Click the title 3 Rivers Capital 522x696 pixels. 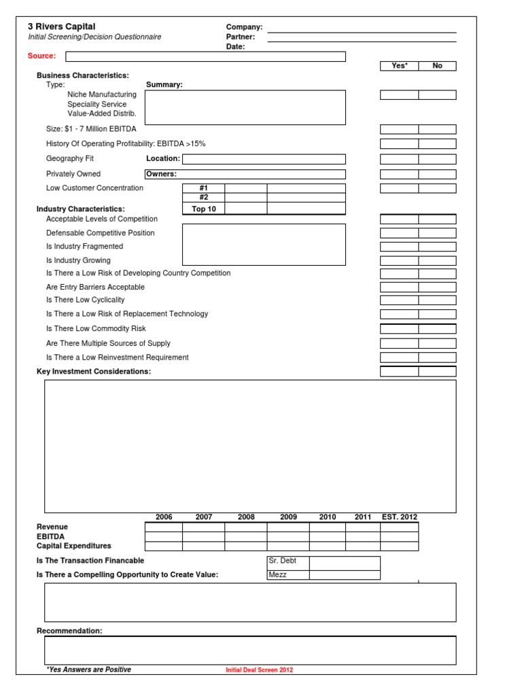pyautogui.click(x=62, y=27)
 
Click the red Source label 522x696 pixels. pyautogui.click(x=42, y=56)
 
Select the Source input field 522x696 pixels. pyautogui.click(x=205, y=56)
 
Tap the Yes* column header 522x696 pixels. pyautogui.click(x=399, y=66)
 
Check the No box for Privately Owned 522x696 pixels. pyautogui.click(x=437, y=174)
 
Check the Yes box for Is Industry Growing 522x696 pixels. pyautogui.click(x=399, y=260)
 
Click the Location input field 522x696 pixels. pyautogui.click(x=264, y=159)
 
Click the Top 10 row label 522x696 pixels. pyautogui.click(x=203, y=209)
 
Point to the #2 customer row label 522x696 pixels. pyautogui.click(x=203, y=198)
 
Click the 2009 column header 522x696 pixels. pyautogui.click(x=288, y=517)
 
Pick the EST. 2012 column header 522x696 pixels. pyautogui.click(x=400, y=517)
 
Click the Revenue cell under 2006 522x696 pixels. pyautogui.click(x=164, y=527)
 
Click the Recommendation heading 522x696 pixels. pyautogui.click(x=69, y=631)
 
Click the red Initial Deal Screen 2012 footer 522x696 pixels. pyautogui.click(x=259, y=670)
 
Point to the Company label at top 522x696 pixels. pyautogui.click(x=244, y=27)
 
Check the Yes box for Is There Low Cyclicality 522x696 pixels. pyautogui.click(x=399, y=300)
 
